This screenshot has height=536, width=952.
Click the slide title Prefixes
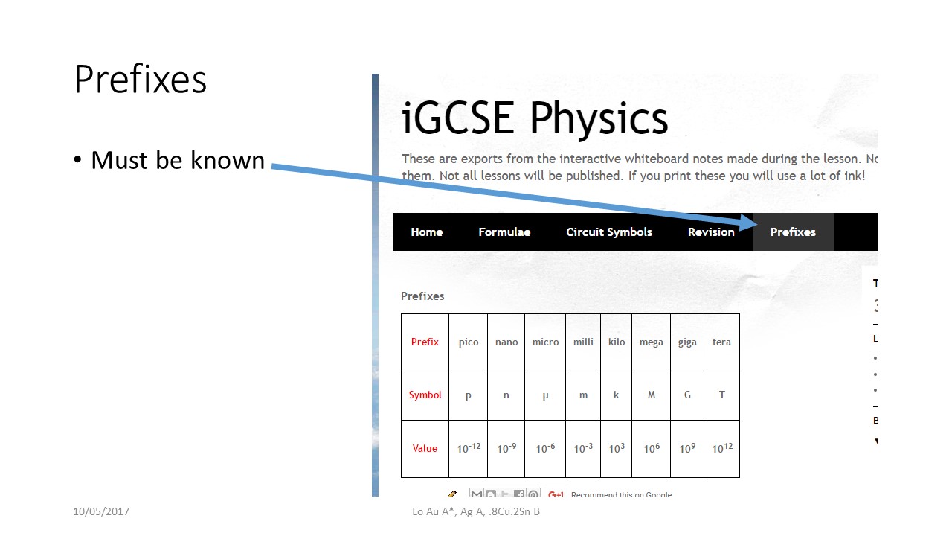pyautogui.click(x=140, y=79)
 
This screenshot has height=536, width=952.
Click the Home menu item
pyautogui.click(x=426, y=232)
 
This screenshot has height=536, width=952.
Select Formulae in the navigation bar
pyautogui.click(x=504, y=232)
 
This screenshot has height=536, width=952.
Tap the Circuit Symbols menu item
pyautogui.click(x=609, y=232)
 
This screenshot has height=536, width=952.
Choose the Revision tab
pyautogui.click(x=711, y=232)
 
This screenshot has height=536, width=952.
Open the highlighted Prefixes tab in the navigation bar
pyautogui.click(x=793, y=232)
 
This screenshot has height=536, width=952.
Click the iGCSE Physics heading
pyautogui.click(x=535, y=118)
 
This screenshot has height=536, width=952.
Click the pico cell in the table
pyautogui.click(x=469, y=342)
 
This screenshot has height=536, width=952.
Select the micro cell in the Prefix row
pyautogui.click(x=545, y=342)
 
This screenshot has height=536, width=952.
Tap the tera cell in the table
pyautogui.click(x=721, y=342)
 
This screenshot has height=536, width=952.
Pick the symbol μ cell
pyautogui.click(x=545, y=395)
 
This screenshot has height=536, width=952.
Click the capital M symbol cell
pyautogui.click(x=651, y=395)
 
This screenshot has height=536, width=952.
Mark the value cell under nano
pyautogui.click(x=506, y=448)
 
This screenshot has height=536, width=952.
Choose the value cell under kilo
pyautogui.click(x=617, y=448)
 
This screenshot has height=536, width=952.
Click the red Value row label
pyautogui.click(x=425, y=448)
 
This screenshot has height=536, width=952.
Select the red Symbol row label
pyautogui.click(x=425, y=395)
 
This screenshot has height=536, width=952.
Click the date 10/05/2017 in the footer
pyautogui.click(x=101, y=511)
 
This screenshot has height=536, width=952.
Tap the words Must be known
pyautogui.click(x=178, y=160)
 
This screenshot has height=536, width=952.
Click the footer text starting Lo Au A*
pyautogui.click(x=476, y=511)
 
